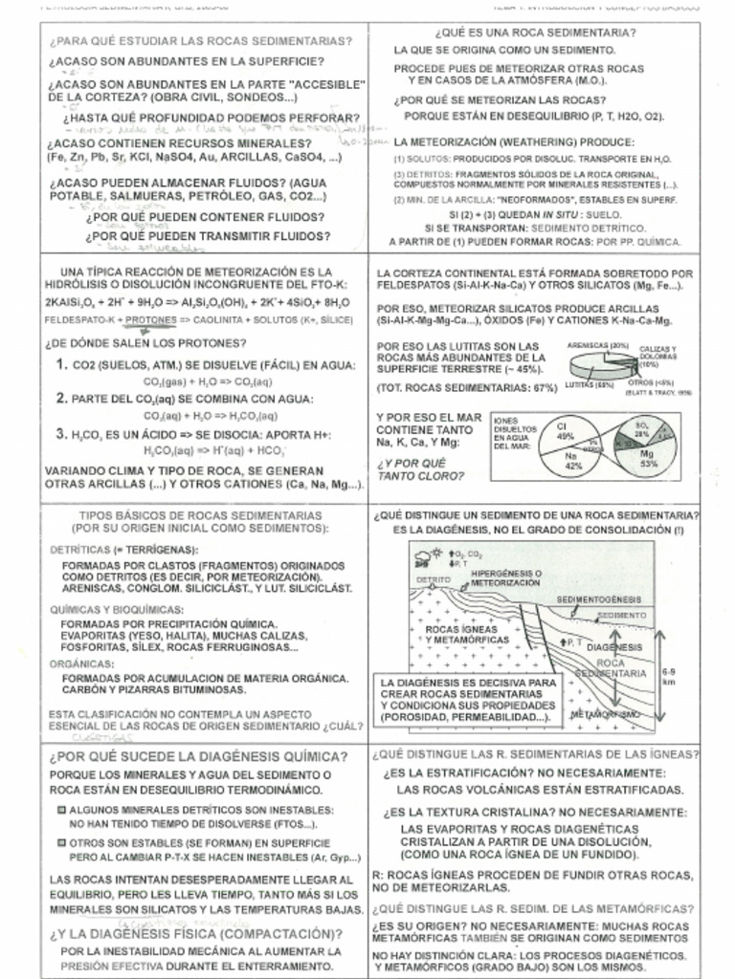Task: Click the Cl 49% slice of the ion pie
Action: point(566,429)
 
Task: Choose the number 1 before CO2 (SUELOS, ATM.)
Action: point(61,364)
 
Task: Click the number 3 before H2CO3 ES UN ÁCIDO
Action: point(61,434)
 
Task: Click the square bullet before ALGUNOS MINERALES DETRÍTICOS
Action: point(60,809)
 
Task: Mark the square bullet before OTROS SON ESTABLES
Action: point(60,843)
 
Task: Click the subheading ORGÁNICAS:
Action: point(79,663)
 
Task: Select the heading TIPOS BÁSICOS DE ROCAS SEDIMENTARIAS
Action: point(199,515)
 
